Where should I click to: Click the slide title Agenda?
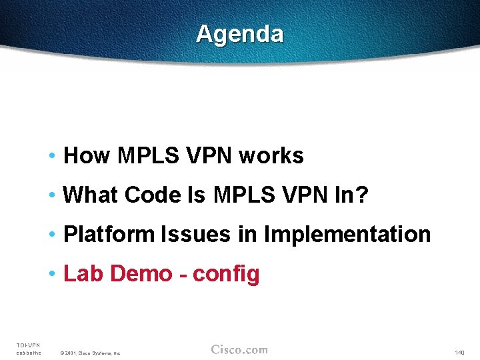point(239,33)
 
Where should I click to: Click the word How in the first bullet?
point(87,156)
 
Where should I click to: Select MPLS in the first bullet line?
point(148,156)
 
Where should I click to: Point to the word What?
point(91,195)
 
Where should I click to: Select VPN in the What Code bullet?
point(294,195)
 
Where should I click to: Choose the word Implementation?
point(347,235)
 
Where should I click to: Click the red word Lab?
point(84,274)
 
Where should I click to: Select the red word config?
point(226,274)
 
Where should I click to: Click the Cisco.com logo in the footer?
point(239,350)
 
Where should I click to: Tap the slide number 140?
point(459,352)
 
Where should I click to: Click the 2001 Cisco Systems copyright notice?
point(89,353)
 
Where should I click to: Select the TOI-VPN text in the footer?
point(28,345)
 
